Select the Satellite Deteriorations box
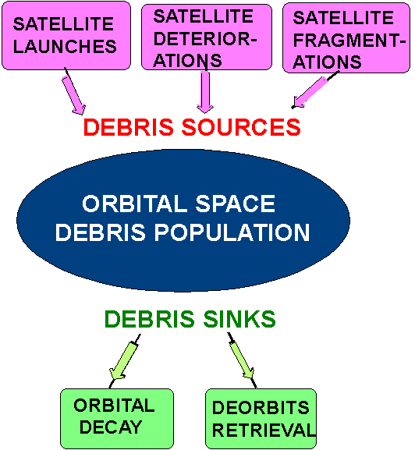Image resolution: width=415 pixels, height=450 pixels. [206, 37]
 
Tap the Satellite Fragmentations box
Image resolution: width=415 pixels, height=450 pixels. [345, 38]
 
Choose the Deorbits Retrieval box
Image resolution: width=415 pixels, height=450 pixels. [261, 419]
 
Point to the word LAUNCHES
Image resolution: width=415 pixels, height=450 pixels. [66, 47]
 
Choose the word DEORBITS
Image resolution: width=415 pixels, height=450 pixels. [261, 408]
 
